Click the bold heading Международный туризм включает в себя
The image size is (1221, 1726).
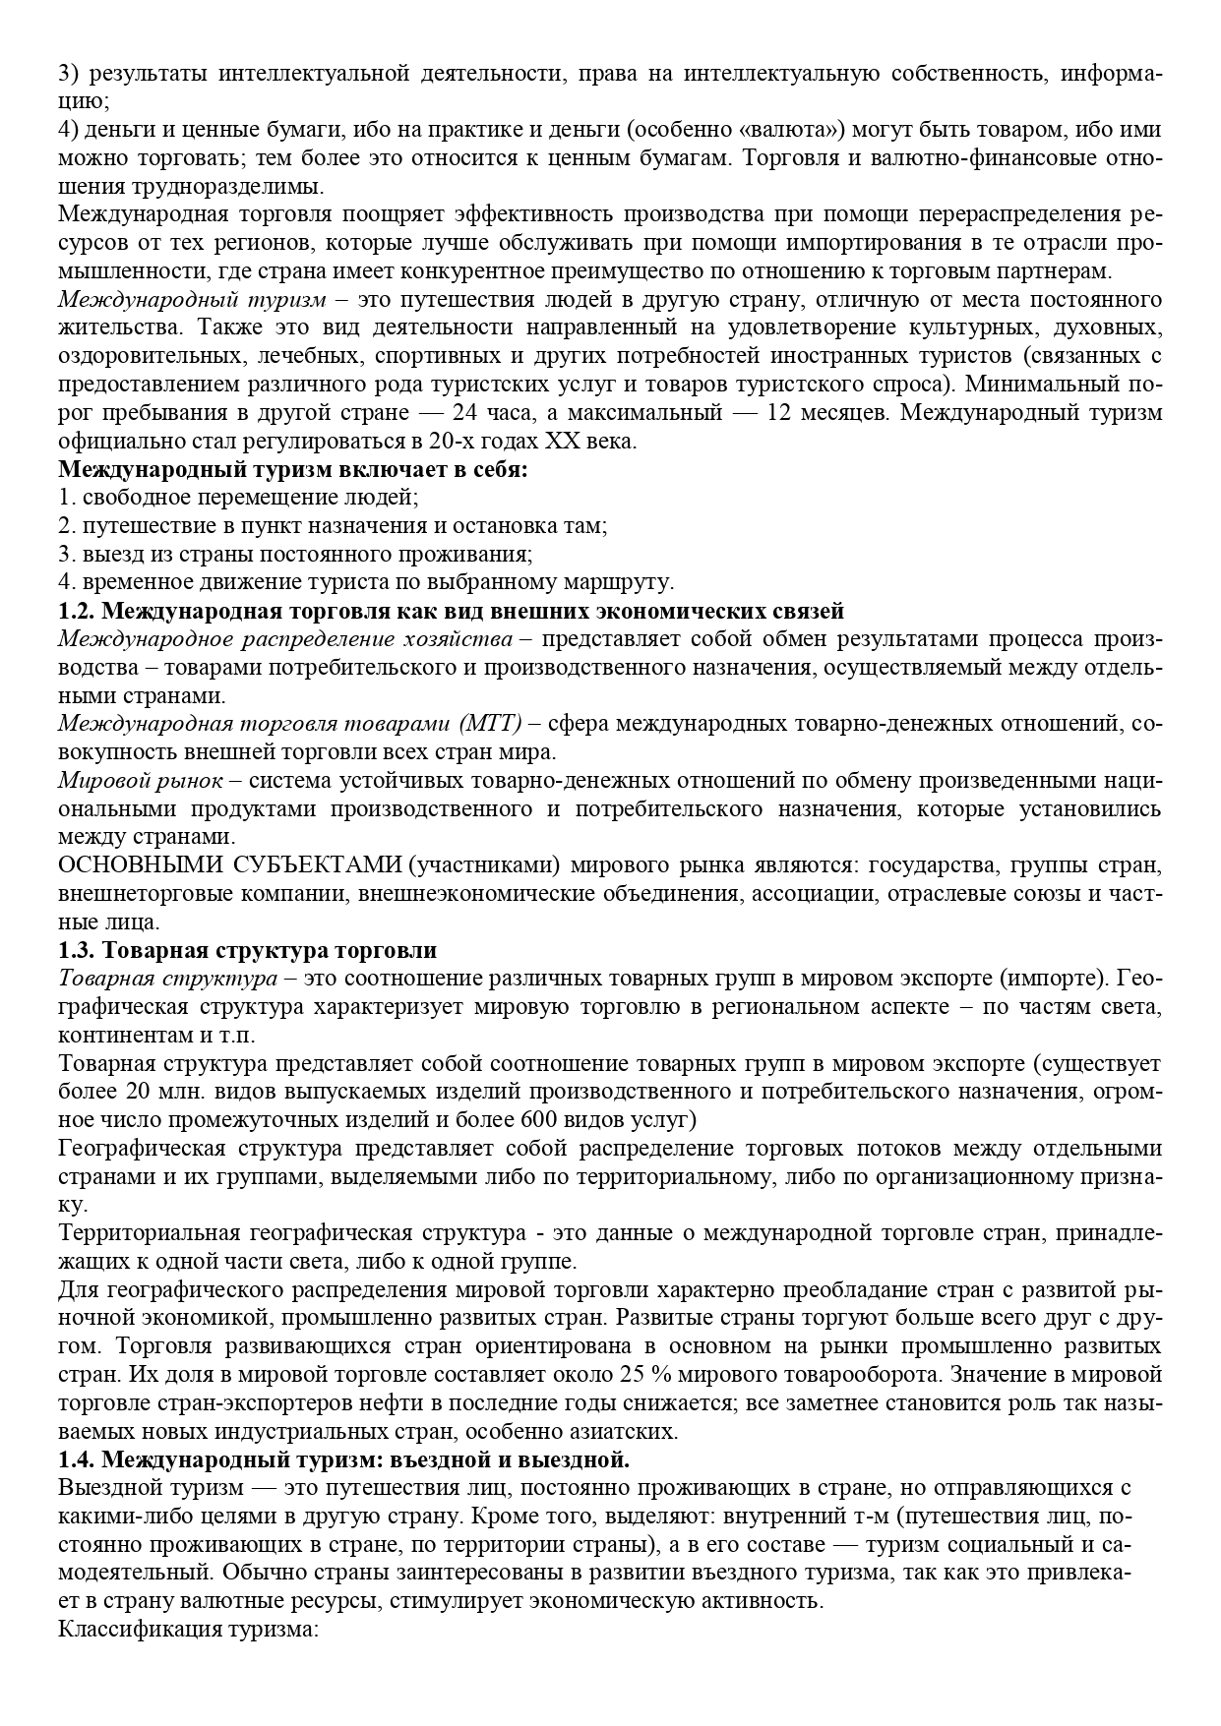point(293,470)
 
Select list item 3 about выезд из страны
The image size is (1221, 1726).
point(294,555)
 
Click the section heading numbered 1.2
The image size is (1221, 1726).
point(451,611)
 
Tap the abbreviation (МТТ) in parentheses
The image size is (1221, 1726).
point(490,725)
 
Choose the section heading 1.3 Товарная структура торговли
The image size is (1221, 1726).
point(248,951)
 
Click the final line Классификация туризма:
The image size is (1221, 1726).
point(187,1629)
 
